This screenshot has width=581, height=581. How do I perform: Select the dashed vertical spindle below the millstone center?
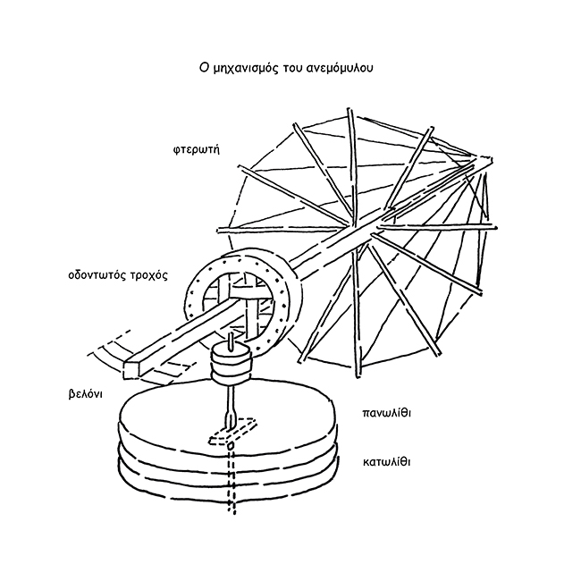point(232,483)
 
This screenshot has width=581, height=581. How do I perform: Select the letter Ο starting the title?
point(204,67)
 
